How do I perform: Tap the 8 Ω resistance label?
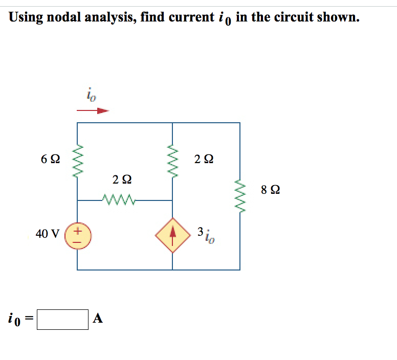tap(270, 190)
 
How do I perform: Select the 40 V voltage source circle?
tap(77, 236)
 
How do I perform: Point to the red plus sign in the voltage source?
tap(77, 231)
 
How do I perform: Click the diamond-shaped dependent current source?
tap(172, 236)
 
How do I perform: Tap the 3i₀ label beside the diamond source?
tap(207, 234)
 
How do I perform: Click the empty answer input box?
tap(63, 319)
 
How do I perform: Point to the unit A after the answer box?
tap(98, 319)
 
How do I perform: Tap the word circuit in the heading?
tap(291, 17)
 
